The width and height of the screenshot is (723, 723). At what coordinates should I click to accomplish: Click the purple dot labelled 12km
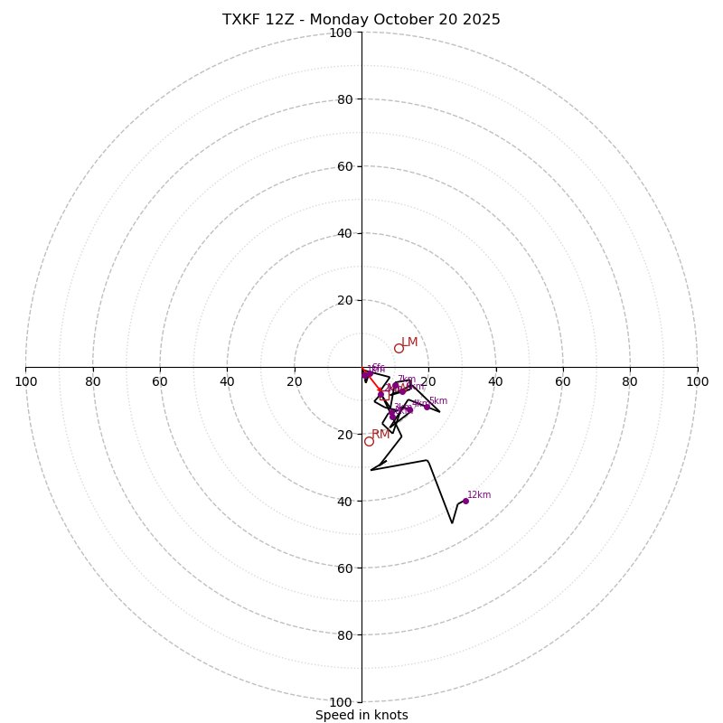465,501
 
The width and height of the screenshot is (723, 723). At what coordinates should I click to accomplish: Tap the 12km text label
479,494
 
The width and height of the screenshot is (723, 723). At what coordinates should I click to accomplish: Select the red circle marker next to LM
399,348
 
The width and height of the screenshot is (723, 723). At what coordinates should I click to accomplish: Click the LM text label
409,343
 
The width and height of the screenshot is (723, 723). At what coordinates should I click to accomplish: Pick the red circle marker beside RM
369,441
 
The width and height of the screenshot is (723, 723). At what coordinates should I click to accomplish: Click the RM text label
380,435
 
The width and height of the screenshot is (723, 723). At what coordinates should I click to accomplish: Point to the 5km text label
437,401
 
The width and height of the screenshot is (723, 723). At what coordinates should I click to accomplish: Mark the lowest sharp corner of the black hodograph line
453,522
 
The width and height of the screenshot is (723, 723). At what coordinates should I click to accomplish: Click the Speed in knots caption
361,715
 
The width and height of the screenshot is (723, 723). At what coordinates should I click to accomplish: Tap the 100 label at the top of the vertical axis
341,33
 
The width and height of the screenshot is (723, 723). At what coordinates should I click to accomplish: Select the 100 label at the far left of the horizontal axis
25,381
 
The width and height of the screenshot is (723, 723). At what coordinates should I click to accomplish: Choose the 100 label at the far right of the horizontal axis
697,381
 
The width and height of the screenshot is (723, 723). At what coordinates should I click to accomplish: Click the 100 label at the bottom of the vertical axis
341,701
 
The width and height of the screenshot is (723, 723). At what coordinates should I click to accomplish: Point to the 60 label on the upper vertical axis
343,166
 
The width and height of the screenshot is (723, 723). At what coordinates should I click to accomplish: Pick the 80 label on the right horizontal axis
630,381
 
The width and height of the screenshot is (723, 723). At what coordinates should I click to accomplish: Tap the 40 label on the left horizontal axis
227,381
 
